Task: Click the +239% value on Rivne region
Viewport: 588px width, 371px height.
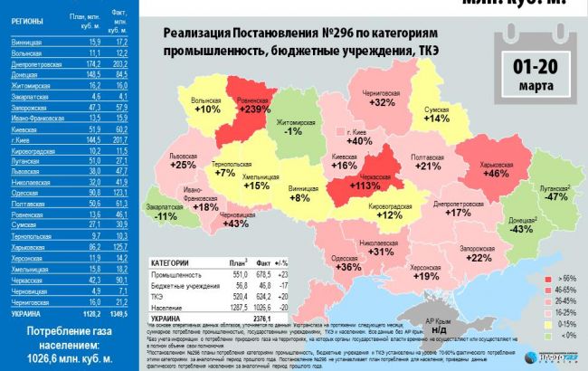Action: (255, 109)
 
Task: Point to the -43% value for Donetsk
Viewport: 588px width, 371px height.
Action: (523, 229)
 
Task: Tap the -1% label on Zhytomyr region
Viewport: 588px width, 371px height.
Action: (293, 132)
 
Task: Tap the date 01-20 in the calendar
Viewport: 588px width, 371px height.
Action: (536, 67)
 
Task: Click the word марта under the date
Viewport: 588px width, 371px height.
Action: (536, 86)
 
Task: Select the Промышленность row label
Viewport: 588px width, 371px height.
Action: (177, 272)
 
